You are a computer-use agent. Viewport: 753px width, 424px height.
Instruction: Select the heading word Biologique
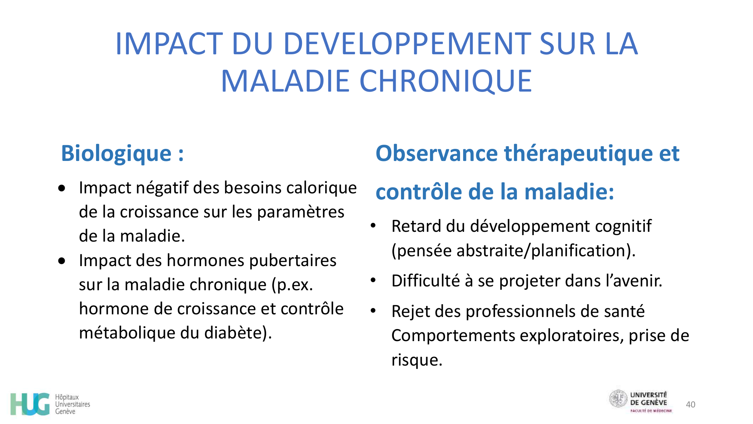116,154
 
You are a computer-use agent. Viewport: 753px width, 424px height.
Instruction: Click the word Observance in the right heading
436,154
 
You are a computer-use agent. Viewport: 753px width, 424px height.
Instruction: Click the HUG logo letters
30,404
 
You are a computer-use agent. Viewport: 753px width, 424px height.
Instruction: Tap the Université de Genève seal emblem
618,399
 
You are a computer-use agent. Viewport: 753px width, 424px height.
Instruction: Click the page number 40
690,405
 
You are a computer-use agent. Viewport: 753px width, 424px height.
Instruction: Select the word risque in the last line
416,360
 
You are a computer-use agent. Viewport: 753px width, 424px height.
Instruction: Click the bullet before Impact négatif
62,188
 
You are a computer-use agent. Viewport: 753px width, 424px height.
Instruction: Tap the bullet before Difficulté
373,280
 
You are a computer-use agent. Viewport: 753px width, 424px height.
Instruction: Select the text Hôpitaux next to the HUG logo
67,397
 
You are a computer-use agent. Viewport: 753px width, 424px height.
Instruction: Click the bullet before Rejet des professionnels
373,311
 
